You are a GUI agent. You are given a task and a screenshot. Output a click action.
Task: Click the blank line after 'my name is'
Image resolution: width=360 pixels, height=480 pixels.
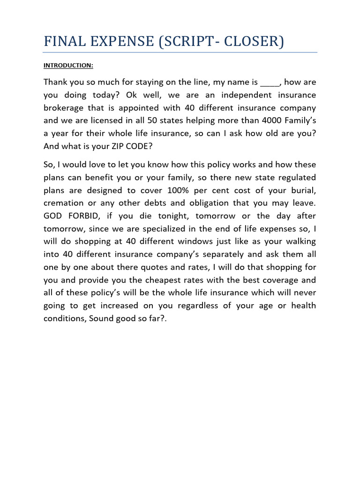pyautogui.click(x=270, y=82)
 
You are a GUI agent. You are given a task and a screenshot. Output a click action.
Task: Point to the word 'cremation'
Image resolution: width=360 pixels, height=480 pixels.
pyautogui.click(x=64, y=203)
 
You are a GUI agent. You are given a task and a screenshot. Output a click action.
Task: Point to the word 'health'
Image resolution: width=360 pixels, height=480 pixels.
pyautogui.click(x=304, y=306)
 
